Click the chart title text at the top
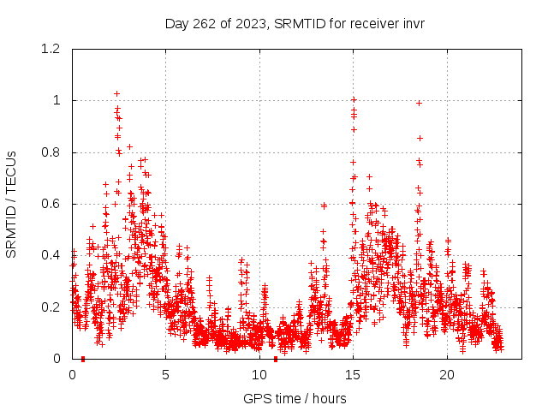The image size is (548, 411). click(x=295, y=24)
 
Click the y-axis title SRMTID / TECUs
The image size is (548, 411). click(x=11, y=204)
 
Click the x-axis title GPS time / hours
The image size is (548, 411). click(x=295, y=398)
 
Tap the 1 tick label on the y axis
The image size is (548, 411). click(x=57, y=100)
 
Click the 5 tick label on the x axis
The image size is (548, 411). click(x=166, y=375)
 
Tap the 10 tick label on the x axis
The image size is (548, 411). click(x=259, y=375)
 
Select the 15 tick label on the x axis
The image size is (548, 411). click(x=353, y=375)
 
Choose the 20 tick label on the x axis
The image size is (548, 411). click(x=447, y=375)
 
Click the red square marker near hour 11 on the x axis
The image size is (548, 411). click(x=276, y=359)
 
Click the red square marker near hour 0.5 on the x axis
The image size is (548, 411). click(x=83, y=359)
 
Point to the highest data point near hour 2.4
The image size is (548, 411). click(x=117, y=93)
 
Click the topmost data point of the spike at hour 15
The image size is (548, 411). click(x=353, y=100)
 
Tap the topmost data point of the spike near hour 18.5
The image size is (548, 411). click(x=420, y=103)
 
